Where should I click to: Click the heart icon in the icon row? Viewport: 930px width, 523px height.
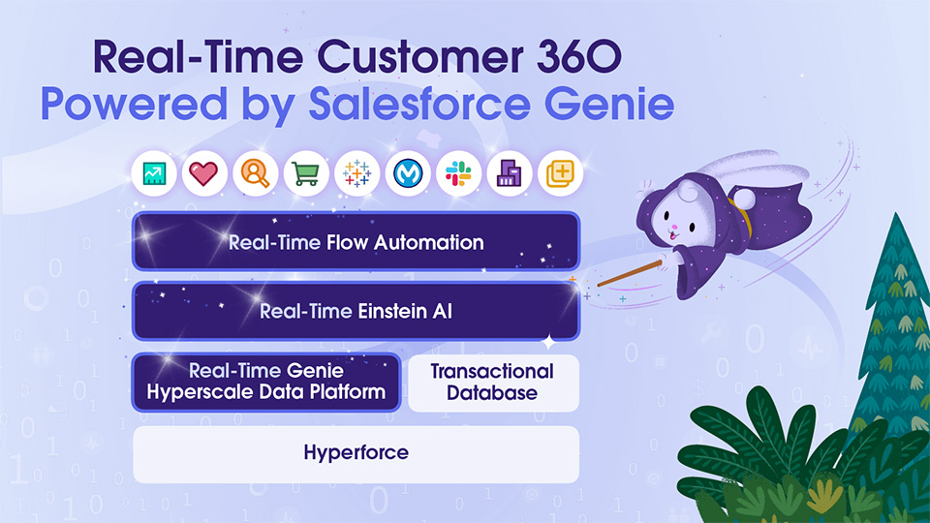tap(204, 174)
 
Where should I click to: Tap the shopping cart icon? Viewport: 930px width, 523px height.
tap(306, 174)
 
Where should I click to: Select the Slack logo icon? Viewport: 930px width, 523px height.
tap(458, 174)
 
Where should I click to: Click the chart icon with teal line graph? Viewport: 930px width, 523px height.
tap(154, 174)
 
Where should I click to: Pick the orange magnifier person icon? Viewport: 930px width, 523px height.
tap(256, 174)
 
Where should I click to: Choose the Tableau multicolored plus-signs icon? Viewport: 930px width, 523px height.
tap(357, 174)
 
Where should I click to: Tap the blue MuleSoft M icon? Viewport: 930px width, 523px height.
tap(408, 174)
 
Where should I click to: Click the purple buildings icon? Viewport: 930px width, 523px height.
tap(509, 174)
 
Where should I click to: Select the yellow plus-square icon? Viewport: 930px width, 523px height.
tap(559, 174)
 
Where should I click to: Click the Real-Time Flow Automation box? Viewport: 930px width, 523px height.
tap(356, 241)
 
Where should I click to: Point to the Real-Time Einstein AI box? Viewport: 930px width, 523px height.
tap(356, 312)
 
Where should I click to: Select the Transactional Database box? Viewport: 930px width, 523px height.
tap(492, 383)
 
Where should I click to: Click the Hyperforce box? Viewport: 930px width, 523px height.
tap(356, 453)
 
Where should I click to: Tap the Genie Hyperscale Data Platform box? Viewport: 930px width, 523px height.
tap(265, 383)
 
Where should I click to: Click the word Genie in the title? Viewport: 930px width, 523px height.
tap(615, 105)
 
